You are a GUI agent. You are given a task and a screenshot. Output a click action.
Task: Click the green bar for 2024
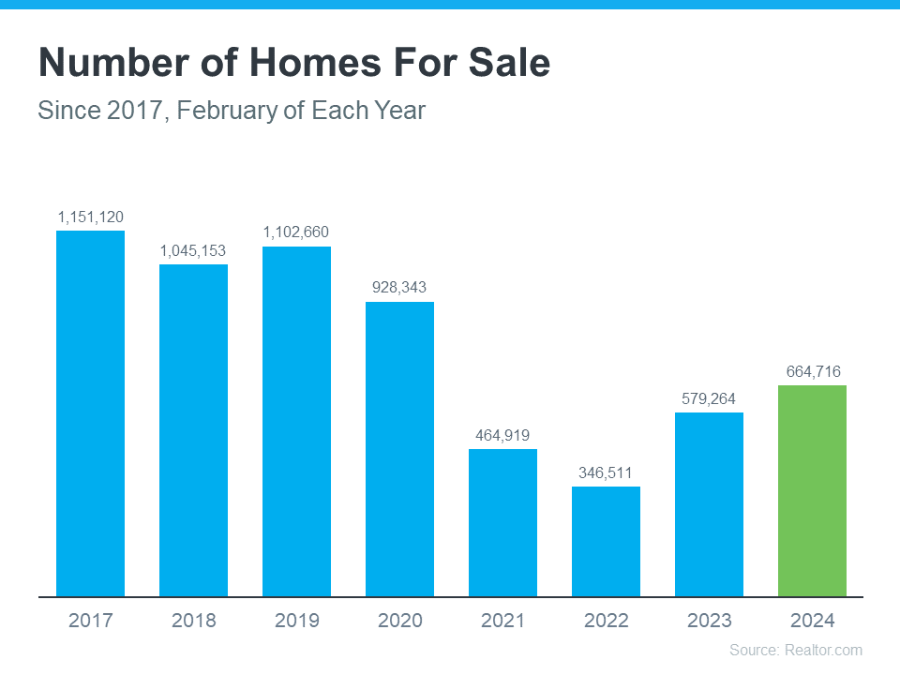coord(812,490)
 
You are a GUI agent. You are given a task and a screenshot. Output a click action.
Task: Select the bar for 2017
coord(90,412)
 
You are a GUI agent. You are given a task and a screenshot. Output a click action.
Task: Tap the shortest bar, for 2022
coord(606,541)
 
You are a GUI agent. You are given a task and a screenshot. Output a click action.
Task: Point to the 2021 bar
coord(502,522)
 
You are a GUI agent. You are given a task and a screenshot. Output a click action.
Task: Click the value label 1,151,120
coord(90,217)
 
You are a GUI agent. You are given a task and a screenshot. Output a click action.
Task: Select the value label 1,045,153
coord(193,250)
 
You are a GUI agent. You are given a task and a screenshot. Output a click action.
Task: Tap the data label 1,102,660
coord(296,232)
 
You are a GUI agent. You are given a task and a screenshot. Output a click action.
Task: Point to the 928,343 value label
coord(399,287)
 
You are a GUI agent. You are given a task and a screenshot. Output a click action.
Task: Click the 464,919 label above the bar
coord(502,435)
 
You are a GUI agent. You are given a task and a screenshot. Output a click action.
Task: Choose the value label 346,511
coord(606,472)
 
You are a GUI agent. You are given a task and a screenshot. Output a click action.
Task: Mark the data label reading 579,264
coord(709,398)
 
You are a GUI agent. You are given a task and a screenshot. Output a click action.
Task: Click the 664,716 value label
coord(812,371)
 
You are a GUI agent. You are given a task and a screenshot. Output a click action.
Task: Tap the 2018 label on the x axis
coord(193,621)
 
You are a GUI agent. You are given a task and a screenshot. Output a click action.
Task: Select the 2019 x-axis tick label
coord(296,621)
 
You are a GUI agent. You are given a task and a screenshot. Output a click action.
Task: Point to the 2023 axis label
coord(709,621)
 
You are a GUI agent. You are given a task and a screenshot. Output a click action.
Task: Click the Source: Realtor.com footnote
coord(795,650)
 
